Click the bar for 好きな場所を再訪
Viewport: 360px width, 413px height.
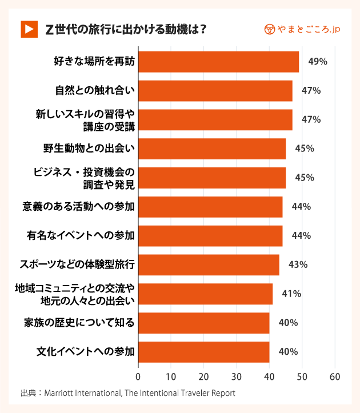(218, 62)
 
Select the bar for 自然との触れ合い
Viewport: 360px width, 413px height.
(215, 91)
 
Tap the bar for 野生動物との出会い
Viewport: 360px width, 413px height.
(211, 149)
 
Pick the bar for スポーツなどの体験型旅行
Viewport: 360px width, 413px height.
(209, 264)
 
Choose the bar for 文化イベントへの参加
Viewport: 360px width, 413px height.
(203, 352)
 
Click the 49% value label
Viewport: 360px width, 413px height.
(317, 62)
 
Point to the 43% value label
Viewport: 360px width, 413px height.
(298, 264)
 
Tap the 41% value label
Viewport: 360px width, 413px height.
(291, 294)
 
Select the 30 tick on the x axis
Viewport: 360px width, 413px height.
(237, 377)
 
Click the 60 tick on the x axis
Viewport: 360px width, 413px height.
(335, 377)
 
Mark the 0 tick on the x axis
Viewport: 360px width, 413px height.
(138, 377)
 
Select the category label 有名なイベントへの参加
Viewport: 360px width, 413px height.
(81, 235)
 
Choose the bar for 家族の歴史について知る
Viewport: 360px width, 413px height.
(203, 323)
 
